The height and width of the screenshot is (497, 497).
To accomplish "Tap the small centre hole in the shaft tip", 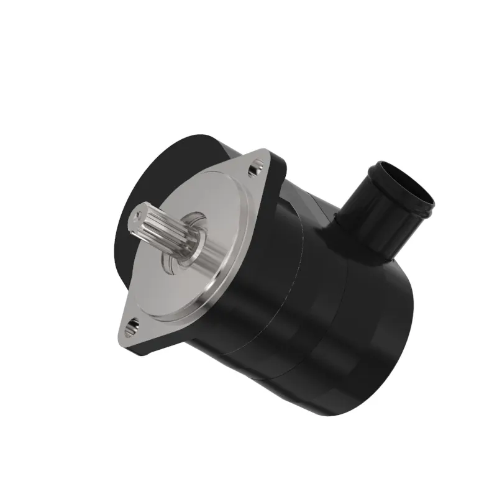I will pyautogui.click(x=135, y=216).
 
